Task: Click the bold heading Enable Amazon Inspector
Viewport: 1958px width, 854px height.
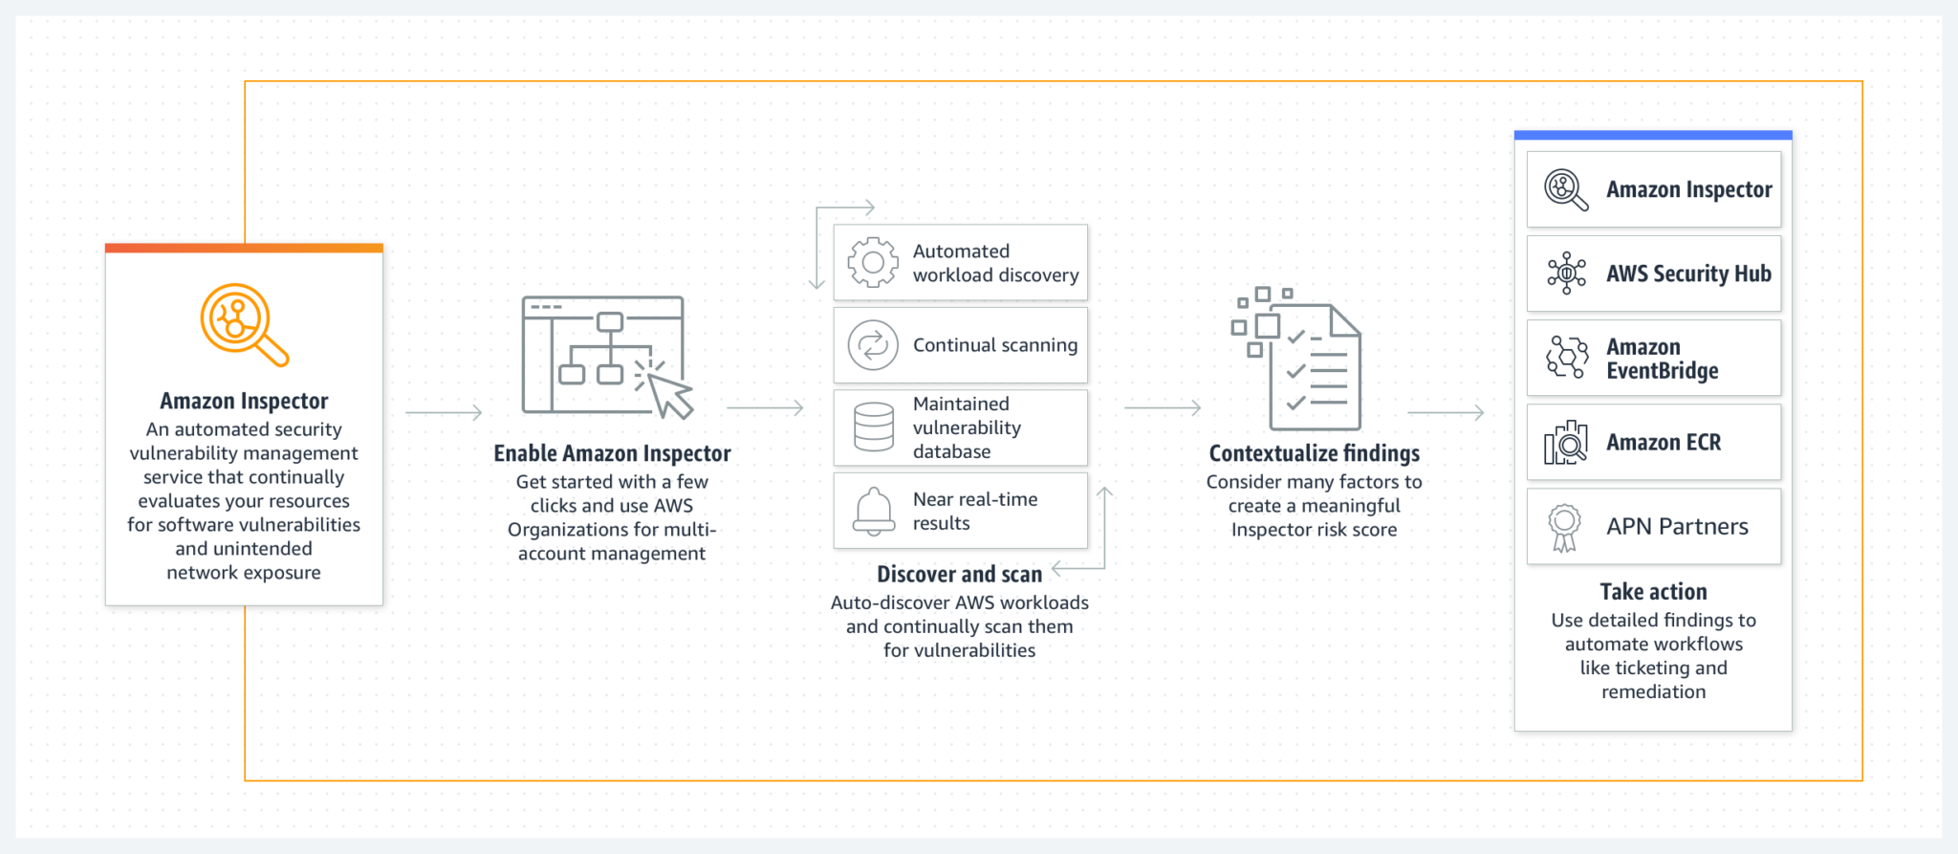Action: tap(612, 453)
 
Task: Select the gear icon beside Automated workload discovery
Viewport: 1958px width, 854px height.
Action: tap(872, 263)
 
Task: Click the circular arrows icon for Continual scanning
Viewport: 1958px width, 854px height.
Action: tap(872, 345)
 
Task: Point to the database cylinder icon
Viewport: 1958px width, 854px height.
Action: tap(873, 427)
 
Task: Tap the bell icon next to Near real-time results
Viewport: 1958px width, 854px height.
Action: tap(873, 510)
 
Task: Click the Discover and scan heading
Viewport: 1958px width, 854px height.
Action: tap(959, 574)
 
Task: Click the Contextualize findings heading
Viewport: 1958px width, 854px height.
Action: tap(1314, 453)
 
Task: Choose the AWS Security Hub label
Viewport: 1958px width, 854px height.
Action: tap(1687, 274)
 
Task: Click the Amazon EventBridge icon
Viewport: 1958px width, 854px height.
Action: tap(1566, 358)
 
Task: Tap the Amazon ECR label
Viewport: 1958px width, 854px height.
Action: tap(1663, 443)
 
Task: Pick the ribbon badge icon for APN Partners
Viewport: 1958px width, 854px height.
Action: tap(1564, 527)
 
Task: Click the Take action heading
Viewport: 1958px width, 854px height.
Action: tap(1653, 592)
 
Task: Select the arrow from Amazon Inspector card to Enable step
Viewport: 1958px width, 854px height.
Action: tap(444, 412)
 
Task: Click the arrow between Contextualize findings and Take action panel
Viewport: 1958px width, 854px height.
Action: tap(1446, 412)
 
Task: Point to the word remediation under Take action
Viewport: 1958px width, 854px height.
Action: tap(1653, 691)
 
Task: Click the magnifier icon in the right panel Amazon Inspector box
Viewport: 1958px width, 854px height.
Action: tap(1566, 189)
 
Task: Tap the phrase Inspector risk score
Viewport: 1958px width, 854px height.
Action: tap(1314, 530)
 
